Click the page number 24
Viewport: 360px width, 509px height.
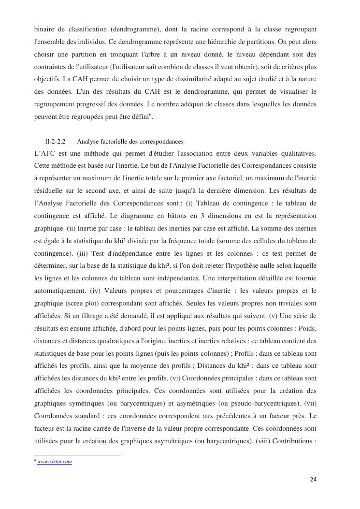[x=313, y=480]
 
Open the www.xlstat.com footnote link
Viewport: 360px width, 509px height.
[x=55, y=462]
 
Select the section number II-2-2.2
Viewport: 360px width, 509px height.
[x=56, y=142]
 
